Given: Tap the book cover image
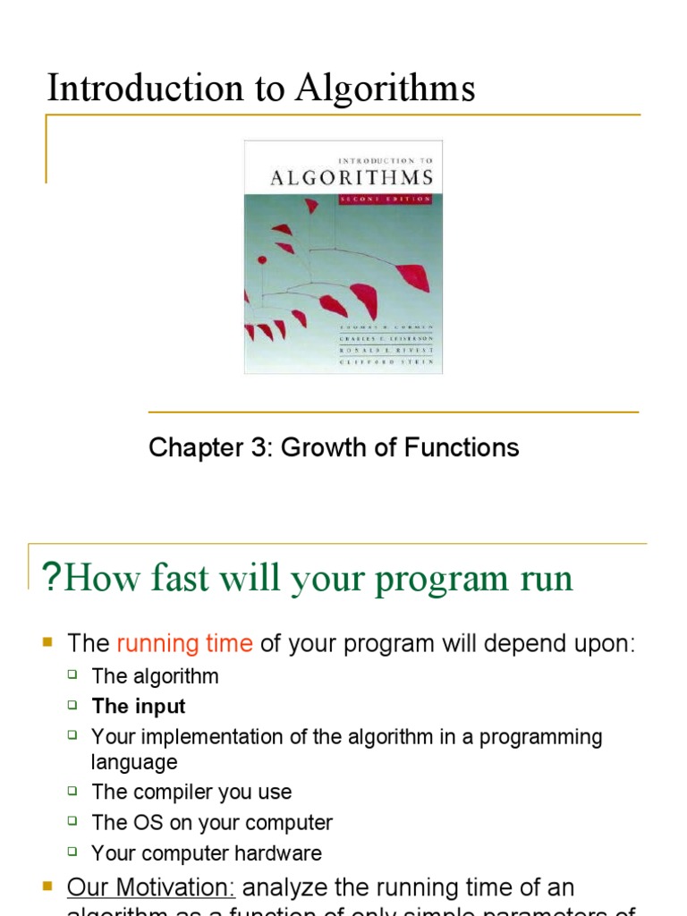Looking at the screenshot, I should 343,257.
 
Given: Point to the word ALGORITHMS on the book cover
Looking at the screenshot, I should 352,177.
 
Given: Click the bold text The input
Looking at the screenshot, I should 139,707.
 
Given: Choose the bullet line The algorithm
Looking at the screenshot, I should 155,676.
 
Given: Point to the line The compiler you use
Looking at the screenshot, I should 191,793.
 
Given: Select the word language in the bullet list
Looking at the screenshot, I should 134,762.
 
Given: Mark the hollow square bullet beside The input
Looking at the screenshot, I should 73,706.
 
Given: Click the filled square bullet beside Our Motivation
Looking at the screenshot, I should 48,886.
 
